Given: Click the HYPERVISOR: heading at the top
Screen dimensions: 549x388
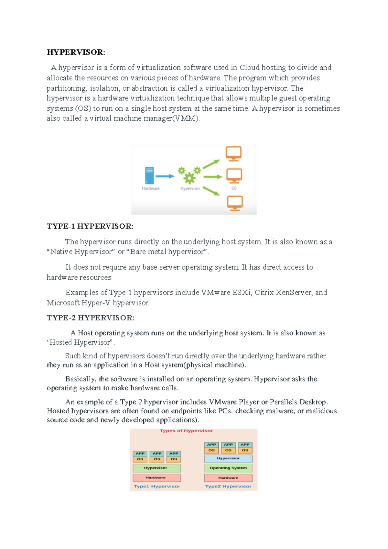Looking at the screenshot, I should pos(76,52).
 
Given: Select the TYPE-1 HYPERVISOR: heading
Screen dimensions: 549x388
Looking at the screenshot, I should pos(90,226).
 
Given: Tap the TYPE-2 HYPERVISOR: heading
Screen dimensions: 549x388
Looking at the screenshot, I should pos(91,318).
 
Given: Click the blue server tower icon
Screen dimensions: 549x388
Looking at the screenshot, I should pos(149,175).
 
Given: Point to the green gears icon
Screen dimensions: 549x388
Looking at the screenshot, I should pos(189,174).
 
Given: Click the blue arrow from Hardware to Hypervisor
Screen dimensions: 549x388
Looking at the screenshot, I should pos(165,176).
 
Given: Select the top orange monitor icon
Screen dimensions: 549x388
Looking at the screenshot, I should pos(233,153).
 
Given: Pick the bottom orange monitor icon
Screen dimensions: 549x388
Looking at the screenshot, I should pos(235,203).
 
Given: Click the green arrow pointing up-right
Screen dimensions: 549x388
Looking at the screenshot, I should pos(211,164).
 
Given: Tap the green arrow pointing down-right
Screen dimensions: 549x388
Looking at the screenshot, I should pos(211,191).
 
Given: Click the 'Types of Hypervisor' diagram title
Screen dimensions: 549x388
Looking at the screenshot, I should pos(186,431).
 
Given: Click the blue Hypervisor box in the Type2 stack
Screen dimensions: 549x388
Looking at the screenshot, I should pos(228,458).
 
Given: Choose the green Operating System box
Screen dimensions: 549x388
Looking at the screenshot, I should pos(228,468).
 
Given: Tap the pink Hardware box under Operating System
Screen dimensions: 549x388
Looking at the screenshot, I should pos(228,478).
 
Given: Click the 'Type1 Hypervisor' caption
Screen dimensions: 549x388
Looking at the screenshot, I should pos(157,487).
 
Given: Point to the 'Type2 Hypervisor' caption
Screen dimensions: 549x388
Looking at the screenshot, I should pos(228,487).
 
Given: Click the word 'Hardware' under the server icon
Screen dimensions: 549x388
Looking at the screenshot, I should pos(151,188).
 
